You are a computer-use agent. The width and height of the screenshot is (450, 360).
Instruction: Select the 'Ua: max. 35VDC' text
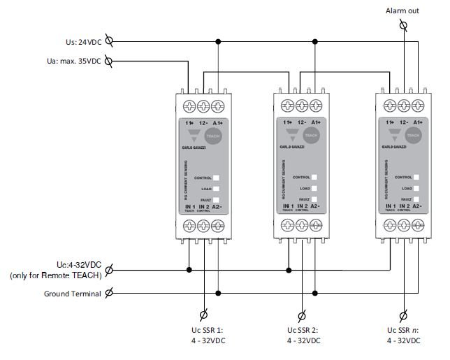[73, 61]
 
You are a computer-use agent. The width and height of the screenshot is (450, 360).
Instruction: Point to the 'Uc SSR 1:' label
[203, 330]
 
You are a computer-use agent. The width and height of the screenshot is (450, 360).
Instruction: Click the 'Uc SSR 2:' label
[302, 330]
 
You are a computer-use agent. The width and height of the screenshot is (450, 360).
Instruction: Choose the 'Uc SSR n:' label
[403, 330]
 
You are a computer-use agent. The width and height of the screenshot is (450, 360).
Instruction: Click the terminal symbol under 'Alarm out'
[404, 26]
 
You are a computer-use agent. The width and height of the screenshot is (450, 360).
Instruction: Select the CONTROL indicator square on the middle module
[315, 178]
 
